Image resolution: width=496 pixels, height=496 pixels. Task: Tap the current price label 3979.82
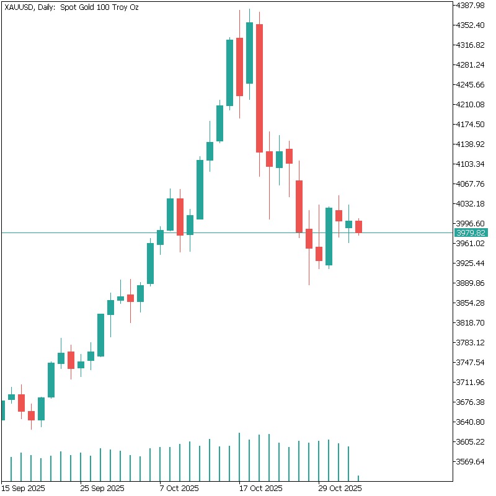tap(471, 233)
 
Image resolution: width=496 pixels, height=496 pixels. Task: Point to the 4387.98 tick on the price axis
tap(470, 6)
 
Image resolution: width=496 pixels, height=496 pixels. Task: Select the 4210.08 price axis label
tap(470, 104)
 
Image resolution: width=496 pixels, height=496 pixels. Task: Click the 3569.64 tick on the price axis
tap(470, 462)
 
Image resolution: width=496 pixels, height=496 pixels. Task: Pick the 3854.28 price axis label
tap(470, 303)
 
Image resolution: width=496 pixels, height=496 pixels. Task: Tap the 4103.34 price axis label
tap(470, 164)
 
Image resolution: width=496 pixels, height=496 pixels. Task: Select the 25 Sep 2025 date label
tap(103, 488)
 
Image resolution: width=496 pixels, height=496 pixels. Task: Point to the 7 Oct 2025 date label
tap(179, 488)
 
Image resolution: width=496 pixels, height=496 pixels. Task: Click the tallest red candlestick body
tap(259, 88)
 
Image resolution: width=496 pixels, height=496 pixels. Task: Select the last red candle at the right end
tap(358, 226)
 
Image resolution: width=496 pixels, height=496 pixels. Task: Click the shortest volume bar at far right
tap(358, 477)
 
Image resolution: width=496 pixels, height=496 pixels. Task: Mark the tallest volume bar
tap(239, 456)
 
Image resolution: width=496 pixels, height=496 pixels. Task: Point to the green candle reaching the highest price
tap(249, 53)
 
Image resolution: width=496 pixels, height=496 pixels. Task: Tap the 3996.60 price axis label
tap(470, 223)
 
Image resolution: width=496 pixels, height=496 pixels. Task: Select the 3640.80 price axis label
tap(470, 422)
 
